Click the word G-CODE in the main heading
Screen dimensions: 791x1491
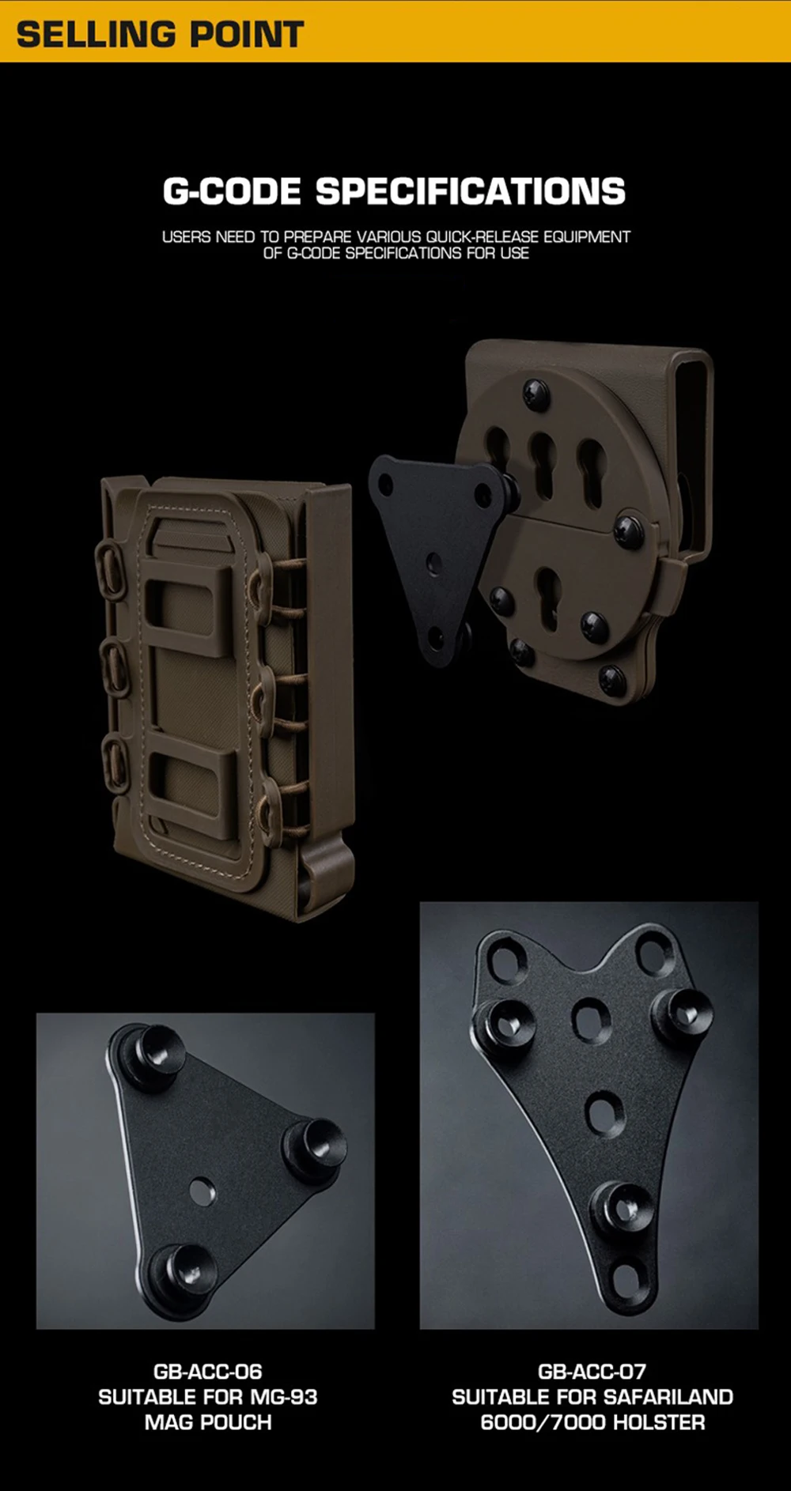point(232,191)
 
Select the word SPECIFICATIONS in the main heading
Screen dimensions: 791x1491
point(471,191)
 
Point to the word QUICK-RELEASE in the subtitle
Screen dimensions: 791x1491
point(482,236)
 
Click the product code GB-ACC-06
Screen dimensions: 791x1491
point(208,1372)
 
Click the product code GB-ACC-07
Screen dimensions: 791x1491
point(592,1372)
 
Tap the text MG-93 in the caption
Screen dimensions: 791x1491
point(284,1397)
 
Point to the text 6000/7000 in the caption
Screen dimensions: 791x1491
point(543,1422)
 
